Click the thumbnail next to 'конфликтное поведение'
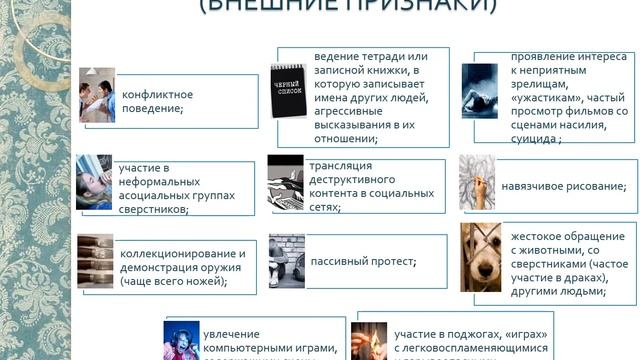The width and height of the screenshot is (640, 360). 97,95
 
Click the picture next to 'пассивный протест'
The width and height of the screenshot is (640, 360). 286,261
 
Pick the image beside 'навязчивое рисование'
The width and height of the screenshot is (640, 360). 476,183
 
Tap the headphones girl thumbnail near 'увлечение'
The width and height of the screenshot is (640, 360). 181,340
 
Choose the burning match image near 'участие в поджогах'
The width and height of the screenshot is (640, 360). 369,340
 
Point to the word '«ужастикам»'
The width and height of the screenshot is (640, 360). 546,97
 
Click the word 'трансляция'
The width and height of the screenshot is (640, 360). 341,165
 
